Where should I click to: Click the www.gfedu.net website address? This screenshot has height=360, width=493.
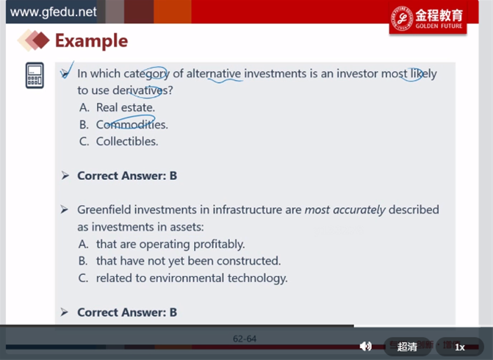(x=53, y=12)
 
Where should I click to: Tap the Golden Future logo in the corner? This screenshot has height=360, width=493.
(x=428, y=19)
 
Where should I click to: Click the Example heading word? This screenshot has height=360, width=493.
(x=92, y=41)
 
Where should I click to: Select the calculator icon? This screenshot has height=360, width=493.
(x=35, y=76)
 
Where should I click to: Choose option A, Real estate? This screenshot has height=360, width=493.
(x=117, y=107)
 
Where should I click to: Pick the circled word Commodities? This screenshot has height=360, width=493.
(x=132, y=124)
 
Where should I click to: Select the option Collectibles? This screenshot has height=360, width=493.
(x=118, y=142)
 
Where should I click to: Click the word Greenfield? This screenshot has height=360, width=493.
(x=104, y=209)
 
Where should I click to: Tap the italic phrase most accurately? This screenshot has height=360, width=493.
(x=345, y=209)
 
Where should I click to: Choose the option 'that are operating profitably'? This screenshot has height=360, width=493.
(x=162, y=245)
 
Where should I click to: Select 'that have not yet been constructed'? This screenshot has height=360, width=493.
(x=179, y=261)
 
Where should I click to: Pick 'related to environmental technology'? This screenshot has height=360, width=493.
(x=183, y=278)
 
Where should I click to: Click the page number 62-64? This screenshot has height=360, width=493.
(x=245, y=339)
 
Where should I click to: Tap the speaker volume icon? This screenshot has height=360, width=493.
(x=365, y=347)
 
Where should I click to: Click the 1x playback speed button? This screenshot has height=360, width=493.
(x=460, y=347)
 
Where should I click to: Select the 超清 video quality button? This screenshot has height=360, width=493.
(x=407, y=347)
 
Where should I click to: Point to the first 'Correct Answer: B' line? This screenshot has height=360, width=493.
(x=127, y=176)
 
